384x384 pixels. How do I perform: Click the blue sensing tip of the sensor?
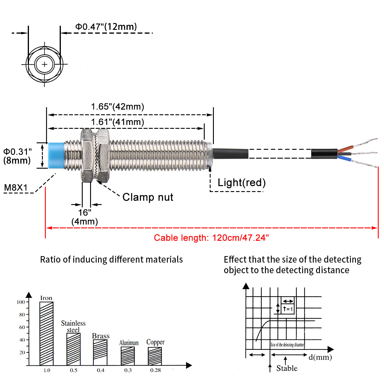(x=56, y=155)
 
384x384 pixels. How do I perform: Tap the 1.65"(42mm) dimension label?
(x=117, y=107)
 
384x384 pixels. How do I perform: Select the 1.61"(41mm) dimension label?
(x=117, y=122)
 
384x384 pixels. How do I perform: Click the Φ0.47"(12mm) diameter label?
(x=106, y=27)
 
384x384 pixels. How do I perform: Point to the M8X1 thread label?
(x=16, y=188)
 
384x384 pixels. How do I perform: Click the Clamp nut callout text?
(x=148, y=197)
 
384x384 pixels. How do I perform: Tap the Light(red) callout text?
(x=242, y=183)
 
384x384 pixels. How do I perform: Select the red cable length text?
(x=211, y=238)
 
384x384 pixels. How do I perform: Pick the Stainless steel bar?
(x=74, y=349)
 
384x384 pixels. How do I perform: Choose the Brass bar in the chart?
(x=100, y=352)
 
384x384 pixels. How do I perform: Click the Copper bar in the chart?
(x=155, y=356)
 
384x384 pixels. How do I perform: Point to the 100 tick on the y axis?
(x=21, y=302)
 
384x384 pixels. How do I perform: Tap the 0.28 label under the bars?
(x=155, y=370)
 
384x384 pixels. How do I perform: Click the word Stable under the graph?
(x=287, y=368)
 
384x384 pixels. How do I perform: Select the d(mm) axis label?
(x=320, y=357)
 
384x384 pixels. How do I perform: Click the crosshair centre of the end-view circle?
(x=44, y=64)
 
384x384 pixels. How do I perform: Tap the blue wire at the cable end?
(x=345, y=159)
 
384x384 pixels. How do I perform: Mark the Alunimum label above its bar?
(x=129, y=343)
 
